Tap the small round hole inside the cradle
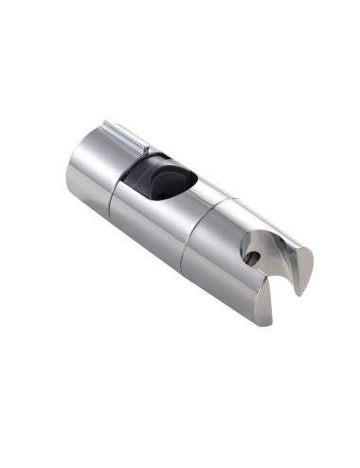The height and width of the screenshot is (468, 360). tap(250, 255)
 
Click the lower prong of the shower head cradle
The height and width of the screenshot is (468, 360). tap(261, 308)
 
